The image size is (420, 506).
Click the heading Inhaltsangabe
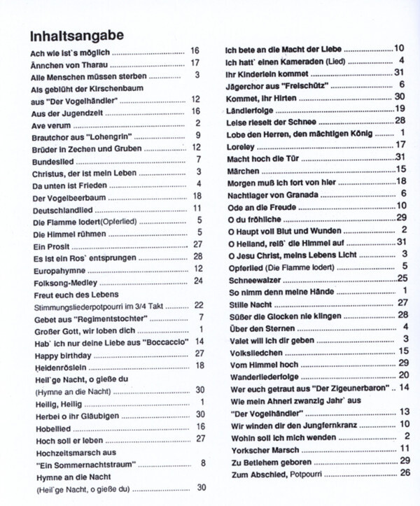pyautogui.click(x=78, y=35)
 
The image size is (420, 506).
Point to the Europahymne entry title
pyautogui.click(x=57, y=268)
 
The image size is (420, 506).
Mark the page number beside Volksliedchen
pyautogui.click(x=403, y=351)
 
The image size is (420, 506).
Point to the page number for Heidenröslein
pyautogui.click(x=199, y=365)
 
